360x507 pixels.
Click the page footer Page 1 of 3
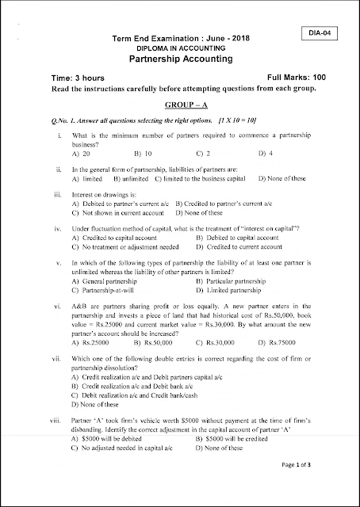[x=308, y=486]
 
